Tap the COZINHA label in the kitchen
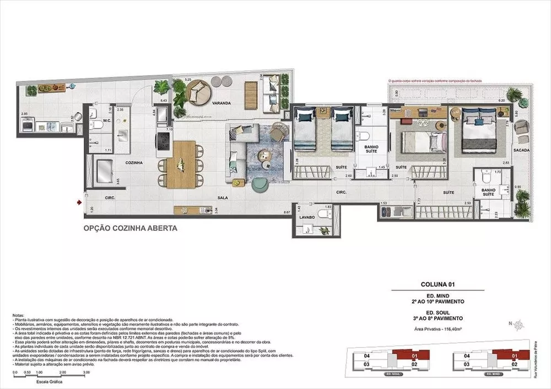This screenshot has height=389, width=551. click(134, 163)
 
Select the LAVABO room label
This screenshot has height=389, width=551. click(307, 217)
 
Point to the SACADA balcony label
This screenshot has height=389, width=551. click(521, 150)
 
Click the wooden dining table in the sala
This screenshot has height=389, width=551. click(179, 164)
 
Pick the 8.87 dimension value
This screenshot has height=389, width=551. click(287, 212)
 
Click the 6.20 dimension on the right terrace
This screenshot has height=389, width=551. click(501, 101)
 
